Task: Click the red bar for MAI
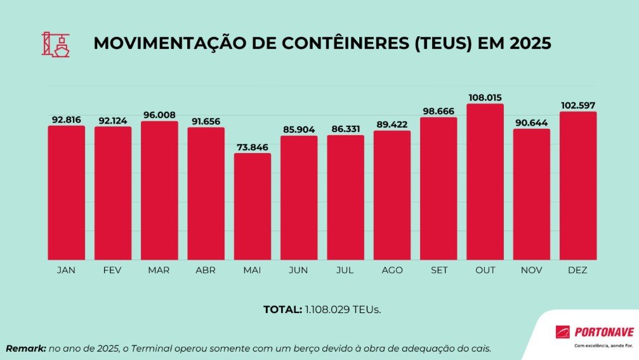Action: [253, 206]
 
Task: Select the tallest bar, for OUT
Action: [485, 182]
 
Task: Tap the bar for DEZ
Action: [578, 185]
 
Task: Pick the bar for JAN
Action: [66, 192]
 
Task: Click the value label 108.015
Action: [485, 98]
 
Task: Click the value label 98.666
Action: [438, 111]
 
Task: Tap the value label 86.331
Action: [345, 129]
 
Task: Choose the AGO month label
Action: [392, 270]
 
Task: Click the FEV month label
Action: [113, 270]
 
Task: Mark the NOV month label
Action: [532, 270]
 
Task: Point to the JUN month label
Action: [299, 270]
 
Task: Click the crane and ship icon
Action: [56, 44]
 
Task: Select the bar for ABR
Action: [206, 193]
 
